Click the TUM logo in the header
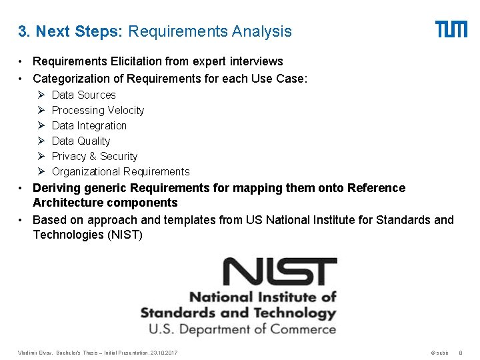tap(451, 29)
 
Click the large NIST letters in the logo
tap(279, 273)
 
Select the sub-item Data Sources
tap(83, 95)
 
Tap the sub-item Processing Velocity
tap(97, 110)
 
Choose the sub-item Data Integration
tap(89, 125)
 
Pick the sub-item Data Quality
tap(81, 141)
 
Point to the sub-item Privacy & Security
tap(94, 156)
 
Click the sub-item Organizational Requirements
tap(121, 171)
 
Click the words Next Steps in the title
tap(79, 31)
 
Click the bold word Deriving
tap(55, 188)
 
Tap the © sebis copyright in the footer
tap(439, 352)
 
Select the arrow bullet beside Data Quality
tap(40, 141)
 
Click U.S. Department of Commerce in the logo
tap(242, 329)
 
